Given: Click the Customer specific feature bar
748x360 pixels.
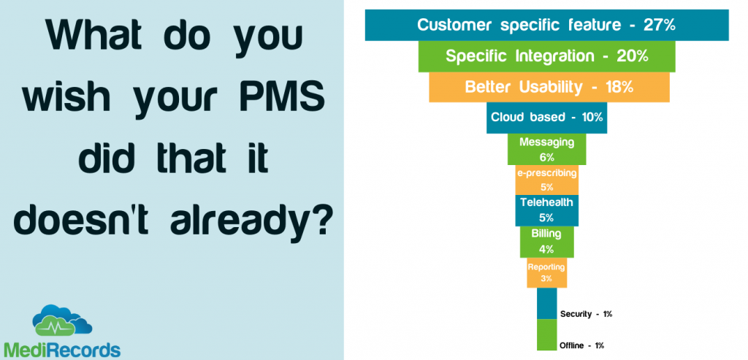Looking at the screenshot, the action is click(546, 25).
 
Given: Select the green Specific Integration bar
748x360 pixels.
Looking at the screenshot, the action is click(546, 56).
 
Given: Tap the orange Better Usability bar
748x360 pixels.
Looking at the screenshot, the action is click(549, 87).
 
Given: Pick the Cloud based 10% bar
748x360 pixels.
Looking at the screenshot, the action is click(546, 118).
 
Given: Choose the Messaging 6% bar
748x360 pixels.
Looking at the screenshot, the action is click(546, 149).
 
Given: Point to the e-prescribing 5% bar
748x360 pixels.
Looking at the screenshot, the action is click(546, 180).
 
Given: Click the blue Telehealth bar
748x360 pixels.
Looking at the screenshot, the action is click(546, 210).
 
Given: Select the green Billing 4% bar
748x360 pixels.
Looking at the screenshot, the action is click(546, 242).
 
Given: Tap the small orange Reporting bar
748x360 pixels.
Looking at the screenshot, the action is click(546, 273).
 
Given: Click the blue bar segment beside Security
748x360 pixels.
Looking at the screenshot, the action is click(546, 303).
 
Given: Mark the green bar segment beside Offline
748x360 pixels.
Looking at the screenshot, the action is click(546, 334).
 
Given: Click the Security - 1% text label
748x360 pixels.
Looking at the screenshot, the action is click(586, 314).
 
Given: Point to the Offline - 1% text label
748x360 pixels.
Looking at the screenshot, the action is click(582, 345).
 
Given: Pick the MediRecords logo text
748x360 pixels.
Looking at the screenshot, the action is click(61, 350).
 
